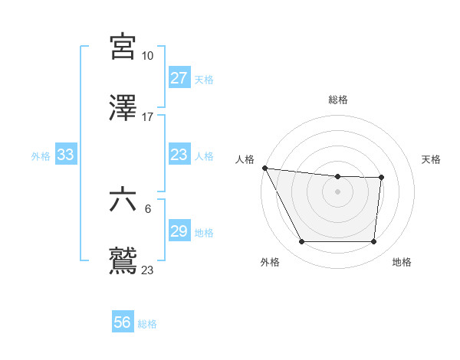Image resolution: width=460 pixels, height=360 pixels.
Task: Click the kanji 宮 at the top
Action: [123, 47]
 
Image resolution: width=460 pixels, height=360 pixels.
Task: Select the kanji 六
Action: [123, 200]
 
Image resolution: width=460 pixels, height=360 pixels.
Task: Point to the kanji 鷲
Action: [123, 260]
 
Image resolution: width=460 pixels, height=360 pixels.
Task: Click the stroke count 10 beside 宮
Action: [147, 56]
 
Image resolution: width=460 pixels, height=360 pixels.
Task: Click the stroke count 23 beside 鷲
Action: [147, 270]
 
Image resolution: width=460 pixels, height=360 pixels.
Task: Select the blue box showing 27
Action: [179, 78]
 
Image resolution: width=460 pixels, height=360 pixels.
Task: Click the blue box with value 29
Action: [179, 231]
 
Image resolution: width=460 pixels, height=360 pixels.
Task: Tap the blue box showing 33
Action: [65, 155]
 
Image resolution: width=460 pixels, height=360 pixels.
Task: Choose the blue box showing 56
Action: [122, 322]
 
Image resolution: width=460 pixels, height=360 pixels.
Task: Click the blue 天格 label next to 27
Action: [204, 79]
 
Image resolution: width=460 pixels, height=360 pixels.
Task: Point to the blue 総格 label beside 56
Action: [147, 323]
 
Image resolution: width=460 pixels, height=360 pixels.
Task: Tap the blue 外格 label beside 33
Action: [41, 155]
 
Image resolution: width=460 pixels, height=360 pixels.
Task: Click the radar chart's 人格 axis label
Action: [245, 159]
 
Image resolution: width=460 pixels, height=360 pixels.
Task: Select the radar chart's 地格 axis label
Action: [402, 262]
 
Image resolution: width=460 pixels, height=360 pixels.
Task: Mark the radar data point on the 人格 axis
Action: [264, 168]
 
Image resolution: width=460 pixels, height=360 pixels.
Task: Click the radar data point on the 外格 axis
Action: [301, 242]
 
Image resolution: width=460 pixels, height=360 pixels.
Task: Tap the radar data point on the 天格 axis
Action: [381, 178]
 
